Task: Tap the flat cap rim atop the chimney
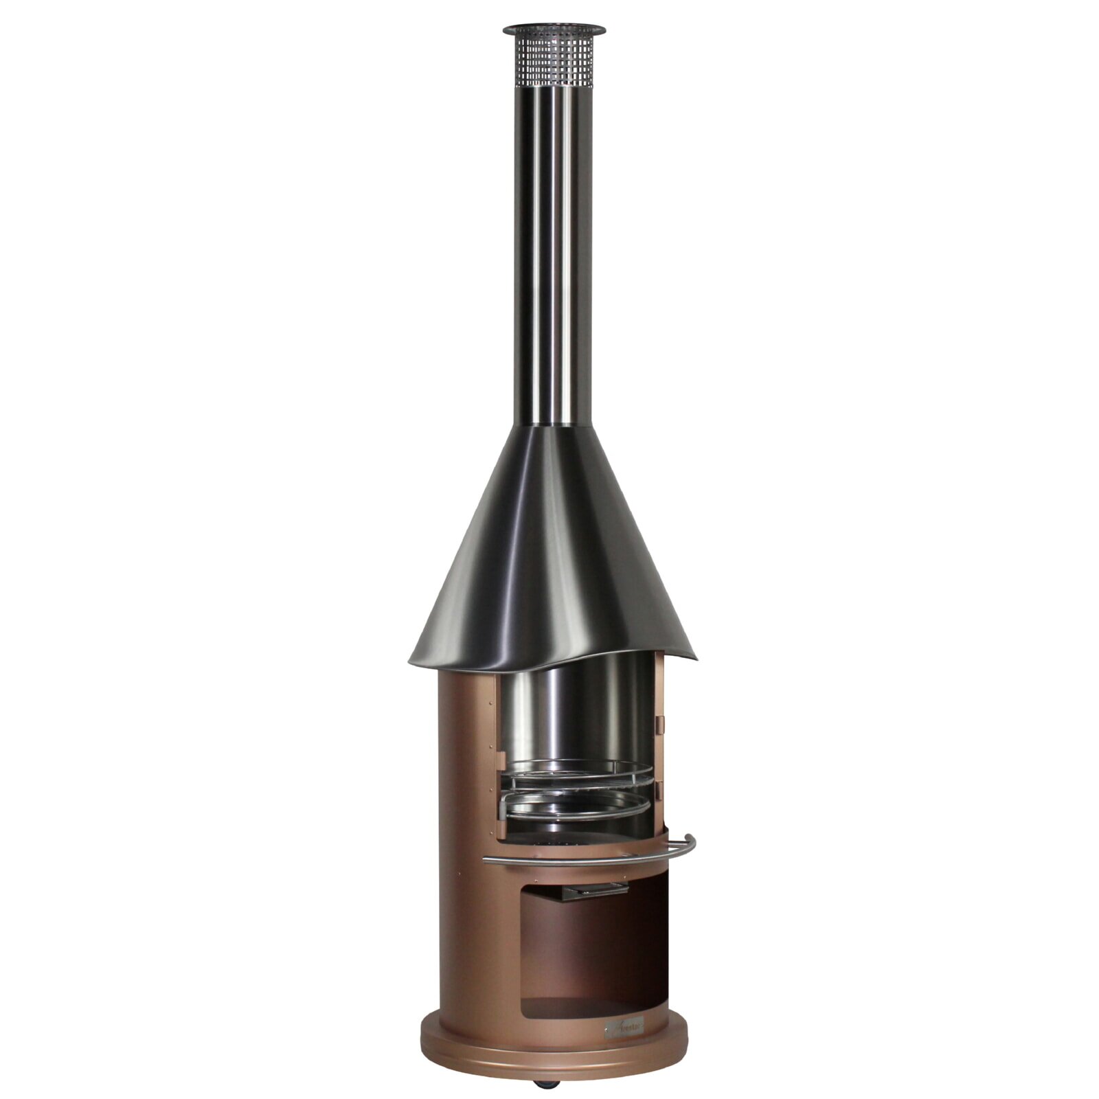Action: [x=554, y=30]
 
